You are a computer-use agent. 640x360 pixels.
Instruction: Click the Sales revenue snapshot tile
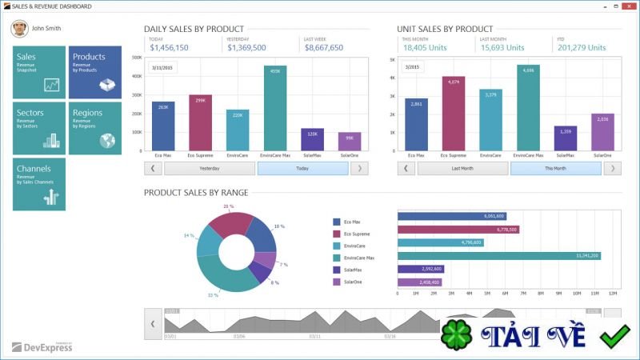pyautogui.click(x=39, y=72)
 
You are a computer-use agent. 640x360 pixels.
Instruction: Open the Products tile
pyautogui.click(x=95, y=72)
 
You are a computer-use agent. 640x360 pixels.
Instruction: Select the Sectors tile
pyautogui.click(x=39, y=128)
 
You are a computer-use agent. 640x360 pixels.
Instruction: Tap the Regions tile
pyautogui.click(x=95, y=128)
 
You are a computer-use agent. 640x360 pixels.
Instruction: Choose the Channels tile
pyautogui.click(x=39, y=184)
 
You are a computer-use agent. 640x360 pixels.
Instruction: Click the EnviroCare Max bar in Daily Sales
pyautogui.click(x=275, y=108)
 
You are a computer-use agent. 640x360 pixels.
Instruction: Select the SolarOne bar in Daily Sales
pyautogui.click(x=350, y=142)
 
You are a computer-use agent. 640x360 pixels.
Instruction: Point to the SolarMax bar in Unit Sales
pyautogui.click(x=566, y=138)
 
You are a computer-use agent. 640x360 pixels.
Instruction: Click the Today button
pyautogui.click(x=302, y=169)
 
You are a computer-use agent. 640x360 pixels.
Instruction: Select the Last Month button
pyautogui.click(x=462, y=169)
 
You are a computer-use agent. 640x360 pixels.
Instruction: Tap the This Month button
pyautogui.click(x=555, y=169)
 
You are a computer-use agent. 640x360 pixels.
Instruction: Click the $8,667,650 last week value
pyautogui.click(x=324, y=48)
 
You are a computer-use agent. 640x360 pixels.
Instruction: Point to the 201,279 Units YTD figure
pyautogui.click(x=582, y=48)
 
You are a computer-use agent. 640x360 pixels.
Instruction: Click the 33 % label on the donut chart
pyautogui.click(x=213, y=295)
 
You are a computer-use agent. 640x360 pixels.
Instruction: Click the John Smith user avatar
pyautogui.click(x=18, y=29)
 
